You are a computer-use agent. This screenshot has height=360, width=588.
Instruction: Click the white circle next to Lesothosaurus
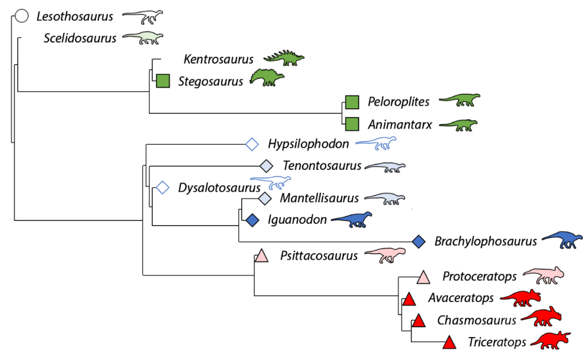(22, 16)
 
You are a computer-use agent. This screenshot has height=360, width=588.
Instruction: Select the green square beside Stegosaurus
(164, 81)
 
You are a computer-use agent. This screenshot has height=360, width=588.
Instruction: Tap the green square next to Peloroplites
(352, 102)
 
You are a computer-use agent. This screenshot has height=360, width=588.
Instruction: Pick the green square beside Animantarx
(352, 123)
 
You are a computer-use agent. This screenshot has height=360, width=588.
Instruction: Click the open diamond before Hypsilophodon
(252, 144)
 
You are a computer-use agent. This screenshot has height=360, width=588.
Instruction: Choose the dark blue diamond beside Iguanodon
(252, 219)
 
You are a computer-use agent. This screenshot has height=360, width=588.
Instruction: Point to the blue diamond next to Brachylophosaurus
(419, 242)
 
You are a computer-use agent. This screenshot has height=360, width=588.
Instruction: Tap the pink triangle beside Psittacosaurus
(261, 256)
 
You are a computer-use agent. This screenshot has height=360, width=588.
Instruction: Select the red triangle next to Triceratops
(450, 343)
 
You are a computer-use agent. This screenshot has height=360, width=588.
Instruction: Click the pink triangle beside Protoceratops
(423, 277)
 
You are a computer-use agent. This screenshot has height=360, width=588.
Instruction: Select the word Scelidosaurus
(80, 38)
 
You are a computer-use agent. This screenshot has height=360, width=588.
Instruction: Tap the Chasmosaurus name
(477, 320)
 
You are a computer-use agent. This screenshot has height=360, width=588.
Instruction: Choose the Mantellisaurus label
(319, 198)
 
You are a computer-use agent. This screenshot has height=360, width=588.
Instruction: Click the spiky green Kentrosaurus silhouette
(284, 57)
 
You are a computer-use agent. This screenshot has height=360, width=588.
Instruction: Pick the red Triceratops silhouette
(550, 340)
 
